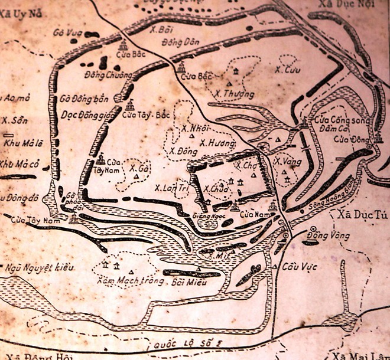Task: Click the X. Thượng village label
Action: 234,94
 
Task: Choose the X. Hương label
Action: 217,144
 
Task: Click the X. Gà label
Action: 137,168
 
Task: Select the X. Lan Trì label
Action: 171,188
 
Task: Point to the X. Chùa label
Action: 215,189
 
